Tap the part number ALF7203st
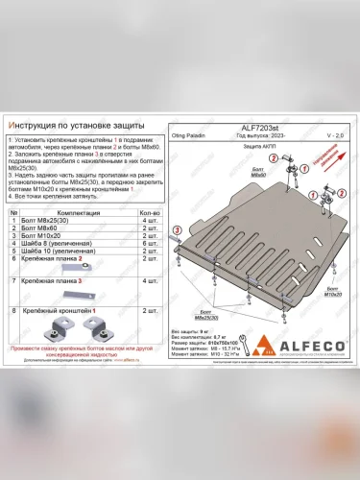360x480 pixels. (x=262, y=127)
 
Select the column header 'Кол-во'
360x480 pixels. (x=149, y=213)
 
